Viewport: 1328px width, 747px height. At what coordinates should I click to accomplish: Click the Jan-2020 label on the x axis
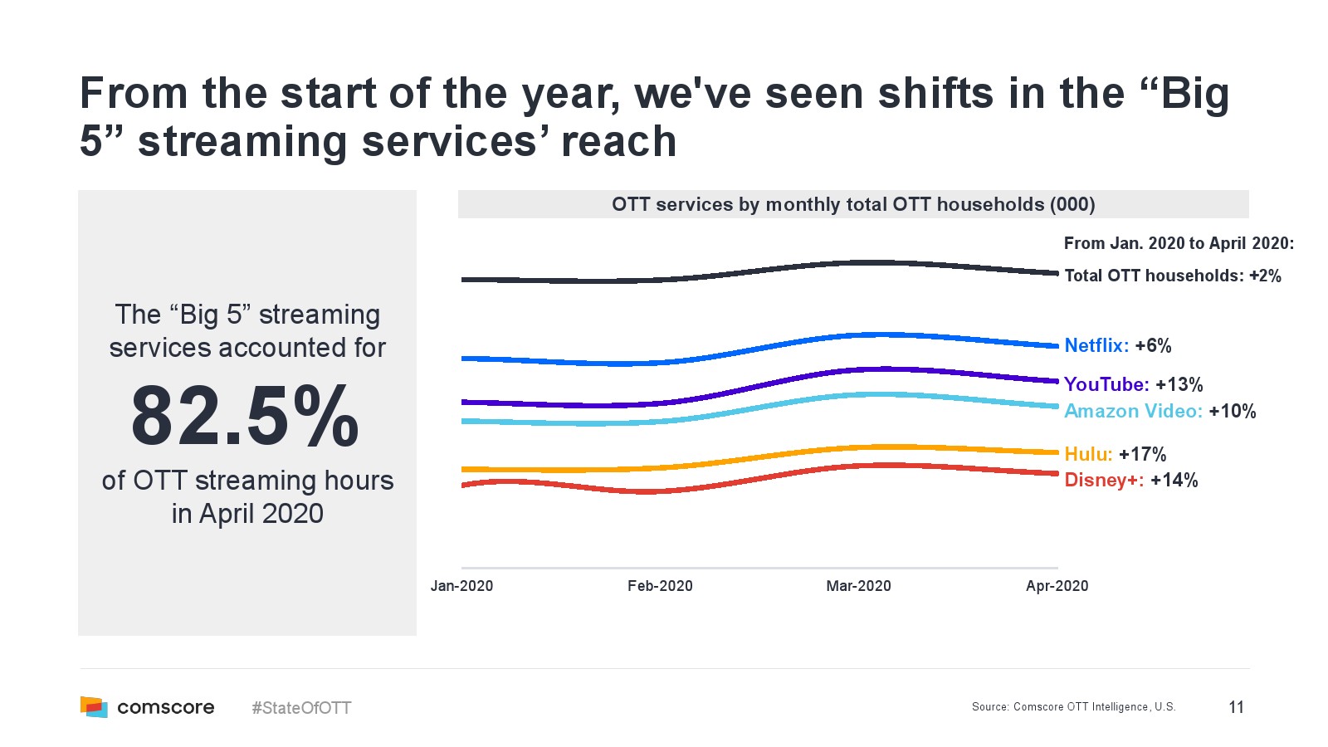point(461,586)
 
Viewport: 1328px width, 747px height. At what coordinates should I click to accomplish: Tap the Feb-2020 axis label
point(660,586)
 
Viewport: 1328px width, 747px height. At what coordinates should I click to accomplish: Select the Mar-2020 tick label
point(858,586)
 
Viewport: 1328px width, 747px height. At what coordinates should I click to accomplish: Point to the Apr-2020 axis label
point(1057,586)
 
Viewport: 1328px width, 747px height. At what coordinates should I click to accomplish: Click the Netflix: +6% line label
point(1117,345)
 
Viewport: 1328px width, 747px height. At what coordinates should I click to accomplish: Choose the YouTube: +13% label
point(1133,384)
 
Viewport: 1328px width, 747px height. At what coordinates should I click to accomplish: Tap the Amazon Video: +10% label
point(1160,411)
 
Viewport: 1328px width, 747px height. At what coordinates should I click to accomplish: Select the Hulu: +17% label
point(1115,454)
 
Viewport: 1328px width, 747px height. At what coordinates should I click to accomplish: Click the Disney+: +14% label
point(1130,480)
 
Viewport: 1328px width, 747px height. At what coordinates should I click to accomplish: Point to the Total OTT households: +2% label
point(1172,276)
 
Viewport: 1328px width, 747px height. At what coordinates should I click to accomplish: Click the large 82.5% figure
point(246,416)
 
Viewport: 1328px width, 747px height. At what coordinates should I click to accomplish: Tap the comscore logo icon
point(94,707)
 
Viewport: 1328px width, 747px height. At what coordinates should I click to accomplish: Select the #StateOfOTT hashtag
point(301,708)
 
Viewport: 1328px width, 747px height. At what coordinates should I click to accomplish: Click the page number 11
point(1236,707)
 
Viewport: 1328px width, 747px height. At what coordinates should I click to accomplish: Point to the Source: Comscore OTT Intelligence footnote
point(1073,707)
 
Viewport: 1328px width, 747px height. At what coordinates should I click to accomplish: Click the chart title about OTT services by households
point(853,204)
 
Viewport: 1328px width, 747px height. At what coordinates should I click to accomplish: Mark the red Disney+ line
point(647,491)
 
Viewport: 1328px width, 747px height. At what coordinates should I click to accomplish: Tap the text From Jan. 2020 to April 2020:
point(1179,243)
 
